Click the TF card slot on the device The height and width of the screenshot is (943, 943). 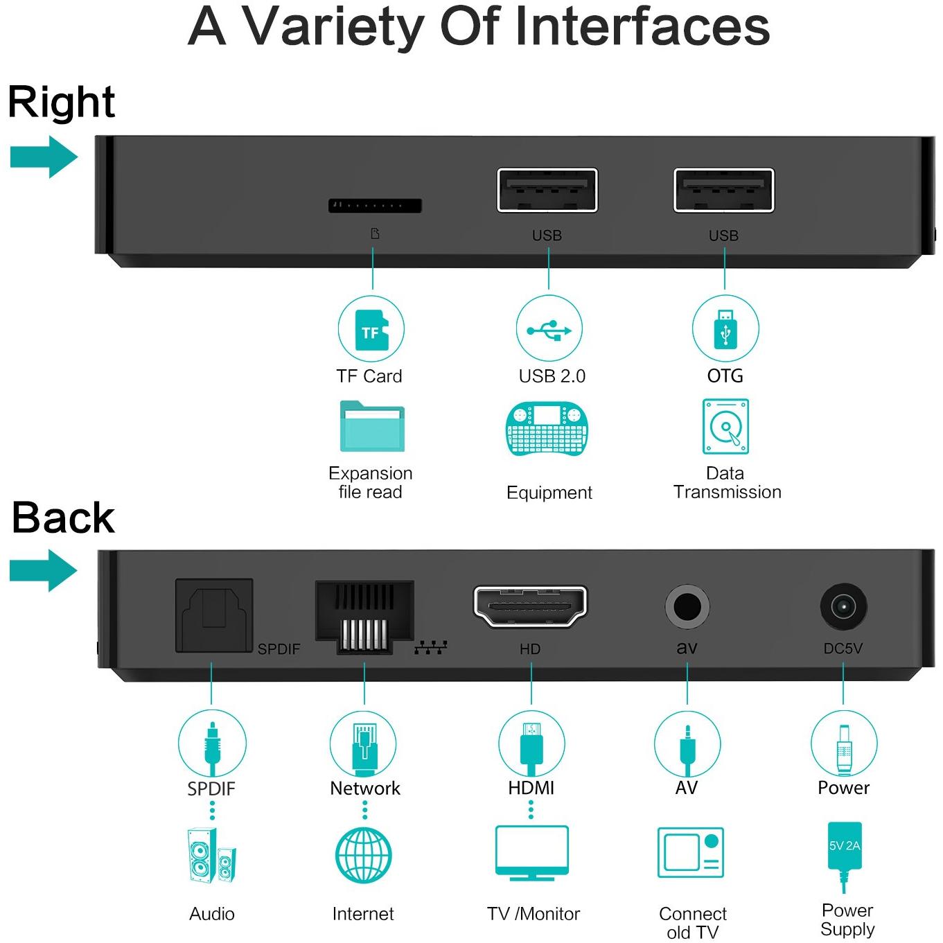[x=375, y=206]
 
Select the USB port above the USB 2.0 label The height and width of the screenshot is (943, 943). [x=547, y=191]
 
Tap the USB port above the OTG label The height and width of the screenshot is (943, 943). [x=724, y=191]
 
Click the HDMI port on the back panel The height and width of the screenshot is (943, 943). [x=531, y=606]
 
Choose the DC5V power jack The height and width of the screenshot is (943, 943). [x=843, y=607]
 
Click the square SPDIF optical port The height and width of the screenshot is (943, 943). [x=214, y=615]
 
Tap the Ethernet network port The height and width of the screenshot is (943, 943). [x=364, y=617]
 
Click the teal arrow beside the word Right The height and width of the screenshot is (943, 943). [x=44, y=157]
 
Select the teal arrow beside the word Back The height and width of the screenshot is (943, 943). [x=44, y=570]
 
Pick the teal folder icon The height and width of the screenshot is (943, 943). [x=372, y=426]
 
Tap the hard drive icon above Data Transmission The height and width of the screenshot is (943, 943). [x=725, y=426]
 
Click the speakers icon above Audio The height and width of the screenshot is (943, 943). [x=211, y=856]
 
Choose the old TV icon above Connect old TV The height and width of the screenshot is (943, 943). [x=691, y=853]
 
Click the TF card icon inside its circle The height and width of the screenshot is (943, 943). [x=371, y=331]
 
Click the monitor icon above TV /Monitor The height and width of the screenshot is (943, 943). [x=532, y=853]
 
